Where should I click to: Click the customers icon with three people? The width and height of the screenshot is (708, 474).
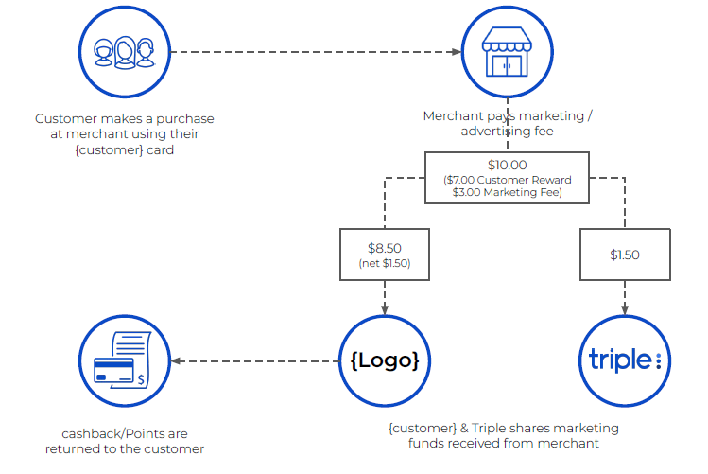[124, 54]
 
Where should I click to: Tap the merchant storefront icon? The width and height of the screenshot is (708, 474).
[506, 54]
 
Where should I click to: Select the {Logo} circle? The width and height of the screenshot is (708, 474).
[384, 360]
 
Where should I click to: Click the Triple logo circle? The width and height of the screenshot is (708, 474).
[624, 360]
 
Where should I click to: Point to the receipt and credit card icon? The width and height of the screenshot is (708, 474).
[124, 360]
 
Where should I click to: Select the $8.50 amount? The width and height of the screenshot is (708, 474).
[384, 248]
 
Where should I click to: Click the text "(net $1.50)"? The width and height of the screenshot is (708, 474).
[384, 262]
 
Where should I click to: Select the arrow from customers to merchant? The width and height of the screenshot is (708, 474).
[312, 53]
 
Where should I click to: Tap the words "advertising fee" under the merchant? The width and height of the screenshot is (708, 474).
[507, 132]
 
